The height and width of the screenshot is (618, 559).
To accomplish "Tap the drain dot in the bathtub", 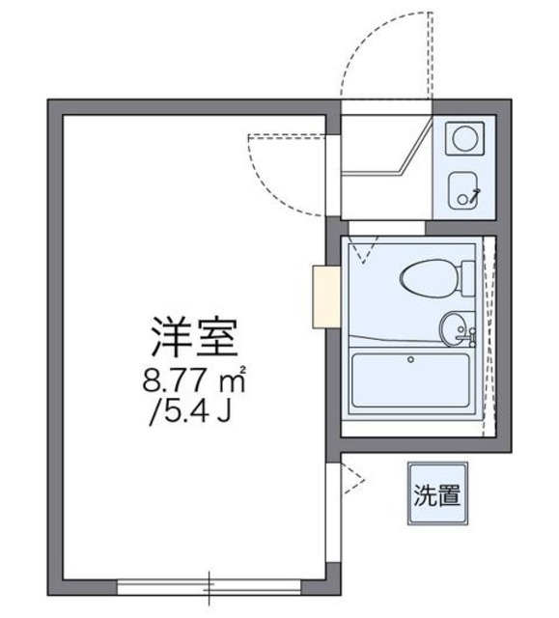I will (411, 360).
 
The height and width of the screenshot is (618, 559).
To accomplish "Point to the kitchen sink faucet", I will (472, 194).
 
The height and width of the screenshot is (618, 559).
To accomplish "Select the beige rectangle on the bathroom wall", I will (325, 298).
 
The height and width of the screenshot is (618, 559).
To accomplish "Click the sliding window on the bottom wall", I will (210, 584).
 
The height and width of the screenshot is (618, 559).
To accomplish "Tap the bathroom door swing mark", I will (364, 251).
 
